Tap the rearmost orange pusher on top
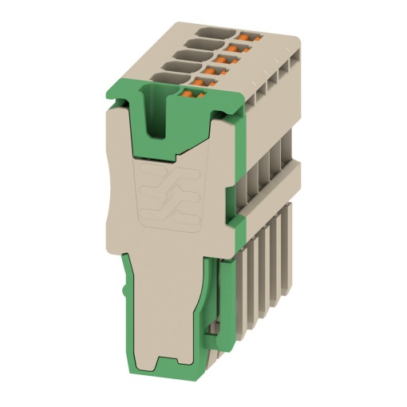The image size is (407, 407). pyautogui.click(x=243, y=36)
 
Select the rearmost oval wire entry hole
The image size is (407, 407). pyautogui.click(x=210, y=32)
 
